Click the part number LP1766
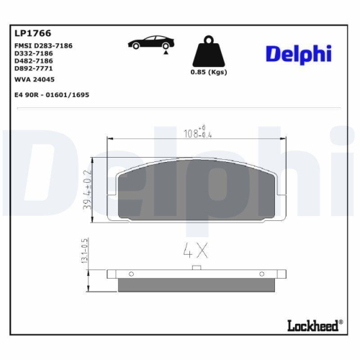[31, 33]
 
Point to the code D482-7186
[34, 62]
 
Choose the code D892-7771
[34, 69]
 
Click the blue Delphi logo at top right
[298, 54]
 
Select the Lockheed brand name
[314, 325]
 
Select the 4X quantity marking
[196, 252]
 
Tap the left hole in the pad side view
[130, 273]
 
